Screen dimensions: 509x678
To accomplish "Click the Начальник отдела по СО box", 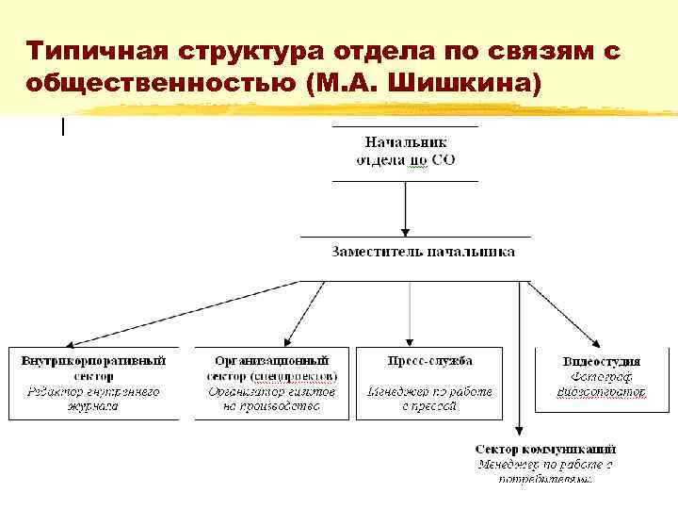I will pyautogui.click(x=405, y=152).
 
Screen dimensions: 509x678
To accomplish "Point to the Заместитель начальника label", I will pyautogui.click(x=423, y=252).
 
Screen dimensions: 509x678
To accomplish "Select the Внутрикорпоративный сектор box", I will pyautogui.click(x=93, y=383).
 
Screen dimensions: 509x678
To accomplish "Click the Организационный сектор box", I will pyautogui.click(x=272, y=383).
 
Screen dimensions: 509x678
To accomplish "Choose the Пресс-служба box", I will pyautogui.click(x=429, y=383).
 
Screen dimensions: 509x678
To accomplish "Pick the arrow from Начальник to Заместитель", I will pyautogui.click(x=405, y=207).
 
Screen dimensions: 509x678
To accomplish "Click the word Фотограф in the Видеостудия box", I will pyautogui.click(x=601, y=375).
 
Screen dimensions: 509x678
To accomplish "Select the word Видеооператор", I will pyautogui.click(x=601, y=390).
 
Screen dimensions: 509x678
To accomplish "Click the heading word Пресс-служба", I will pyautogui.click(x=429, y=360).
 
